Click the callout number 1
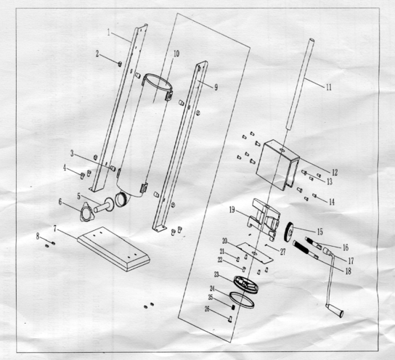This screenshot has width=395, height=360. coord(109,33)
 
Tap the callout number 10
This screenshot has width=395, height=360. coord(176,54)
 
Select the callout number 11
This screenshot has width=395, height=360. coord(329,87)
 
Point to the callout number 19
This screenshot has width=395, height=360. coord(232,210)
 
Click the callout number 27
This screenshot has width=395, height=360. coord(282,252)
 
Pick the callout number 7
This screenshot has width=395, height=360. coord(55,229)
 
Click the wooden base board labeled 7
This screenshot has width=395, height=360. coord(113,248)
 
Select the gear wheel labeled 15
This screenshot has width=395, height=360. coord(289,232)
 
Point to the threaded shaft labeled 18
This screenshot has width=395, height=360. coord(305,250)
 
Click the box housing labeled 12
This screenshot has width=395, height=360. coord(277,165)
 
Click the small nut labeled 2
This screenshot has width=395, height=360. coord(120,63)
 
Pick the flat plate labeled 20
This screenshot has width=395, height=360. coord(255,253)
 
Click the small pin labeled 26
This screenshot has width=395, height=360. coord(229,319)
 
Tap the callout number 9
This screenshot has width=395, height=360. coord(216,87)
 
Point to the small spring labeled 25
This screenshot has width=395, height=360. coord(233,307)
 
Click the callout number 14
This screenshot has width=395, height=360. coord(332,202)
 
